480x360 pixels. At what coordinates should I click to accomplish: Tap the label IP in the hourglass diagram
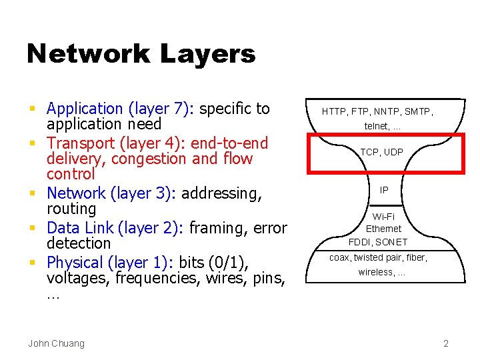[x=384, y=190]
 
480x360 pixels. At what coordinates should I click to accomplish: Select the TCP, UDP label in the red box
[x=382, y=153]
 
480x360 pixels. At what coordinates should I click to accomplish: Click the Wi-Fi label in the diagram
[x=383, y=217]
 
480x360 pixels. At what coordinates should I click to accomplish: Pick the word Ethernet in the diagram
[x=383, y=229]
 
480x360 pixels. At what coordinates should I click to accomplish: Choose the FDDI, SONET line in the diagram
[x=377, y=242]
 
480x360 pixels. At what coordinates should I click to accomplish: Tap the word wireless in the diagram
[x=376, y=272]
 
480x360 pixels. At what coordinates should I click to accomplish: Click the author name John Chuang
[x=56, y=343]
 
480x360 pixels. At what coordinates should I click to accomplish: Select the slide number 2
[x=446, y=343]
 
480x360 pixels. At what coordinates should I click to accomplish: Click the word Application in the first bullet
[x=85, y=109]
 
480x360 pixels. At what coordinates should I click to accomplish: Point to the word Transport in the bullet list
[x=81, y=143]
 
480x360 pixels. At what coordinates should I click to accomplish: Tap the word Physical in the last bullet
[x=75, y=263]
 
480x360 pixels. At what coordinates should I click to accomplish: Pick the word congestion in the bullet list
[x=149, y=159]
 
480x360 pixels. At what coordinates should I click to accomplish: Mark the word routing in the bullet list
[x=71, y=209]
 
